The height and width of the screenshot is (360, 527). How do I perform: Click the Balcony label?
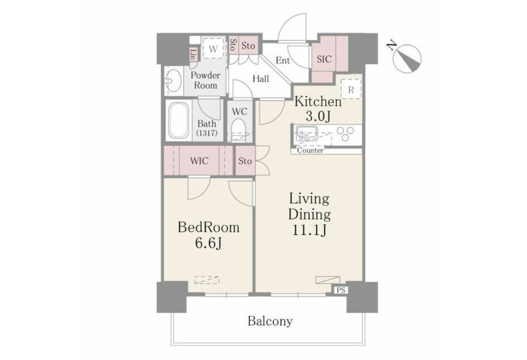click(x=270, y=321)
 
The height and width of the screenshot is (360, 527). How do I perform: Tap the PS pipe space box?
click(x=341, y=290)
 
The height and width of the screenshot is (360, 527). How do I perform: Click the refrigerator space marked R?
click(x=351, y=89)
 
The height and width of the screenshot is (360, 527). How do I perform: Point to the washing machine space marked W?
click(x=213, y=48)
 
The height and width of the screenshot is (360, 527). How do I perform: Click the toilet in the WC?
click(x=238, y=131)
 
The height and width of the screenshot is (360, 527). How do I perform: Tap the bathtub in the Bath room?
click(x=178, y=120)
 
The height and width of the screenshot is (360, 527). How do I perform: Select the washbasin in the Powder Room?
click(x=173, y=81)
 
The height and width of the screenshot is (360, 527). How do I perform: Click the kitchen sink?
click(x=307, y=134)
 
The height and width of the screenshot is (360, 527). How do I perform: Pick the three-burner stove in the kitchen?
click(x=345, y=133)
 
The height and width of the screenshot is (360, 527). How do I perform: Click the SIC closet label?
click(x=324, y=59)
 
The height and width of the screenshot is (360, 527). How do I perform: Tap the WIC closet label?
click(x=199, y=161)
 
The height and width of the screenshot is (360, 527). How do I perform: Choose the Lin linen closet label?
click(x=193, y=54)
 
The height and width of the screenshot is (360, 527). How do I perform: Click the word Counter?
click(x=310, y=150)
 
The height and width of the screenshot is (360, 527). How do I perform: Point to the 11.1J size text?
click(x=309, y=230)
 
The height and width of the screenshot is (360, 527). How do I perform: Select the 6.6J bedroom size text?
click(x=209, y=243)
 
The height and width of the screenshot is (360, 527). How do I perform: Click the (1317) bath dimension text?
click(x=207, y=133)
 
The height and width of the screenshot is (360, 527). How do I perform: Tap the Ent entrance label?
click(x=282, y=61)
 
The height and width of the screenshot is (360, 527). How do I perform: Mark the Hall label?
click(x=261, y=79)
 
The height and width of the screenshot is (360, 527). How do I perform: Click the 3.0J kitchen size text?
click(x=318, y=116)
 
